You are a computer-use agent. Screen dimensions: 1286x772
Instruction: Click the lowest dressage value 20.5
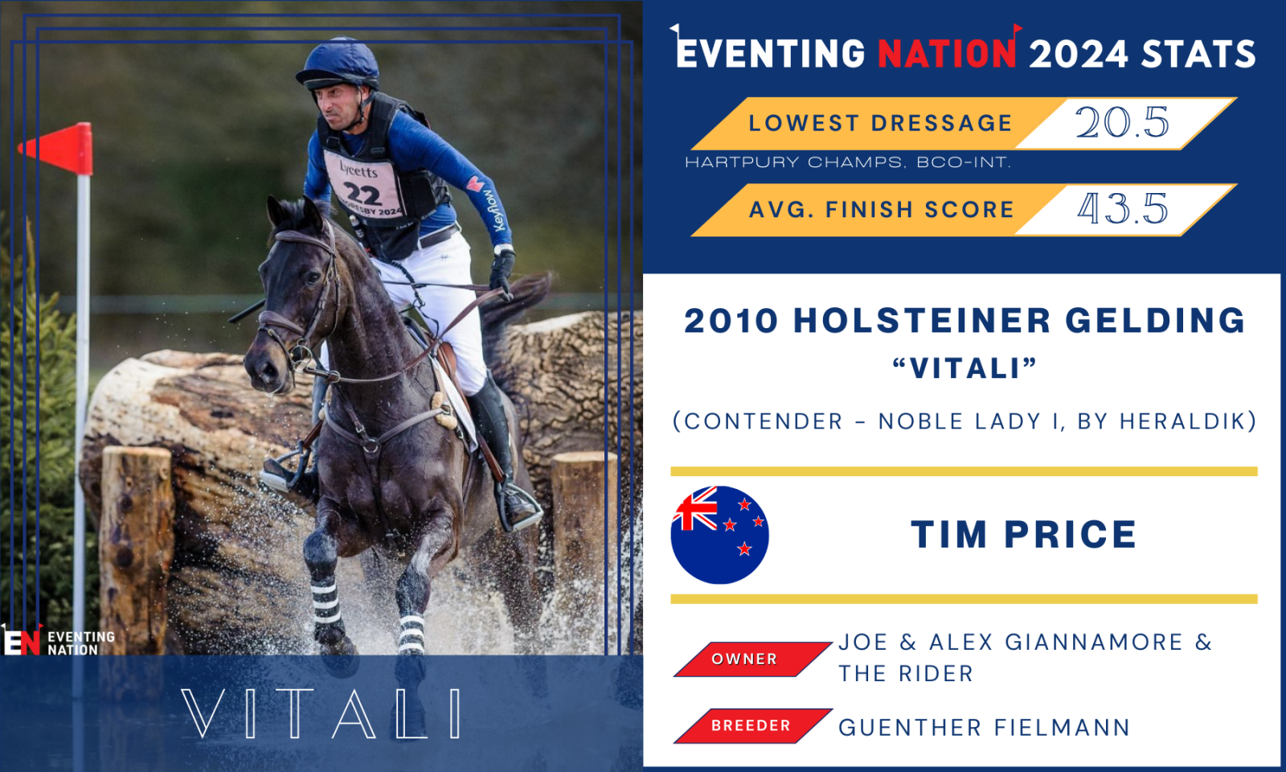1122,122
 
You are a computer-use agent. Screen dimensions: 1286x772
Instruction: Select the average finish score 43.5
1122,208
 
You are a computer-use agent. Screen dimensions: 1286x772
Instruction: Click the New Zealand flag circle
719,535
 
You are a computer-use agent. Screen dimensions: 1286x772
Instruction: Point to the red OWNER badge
752,659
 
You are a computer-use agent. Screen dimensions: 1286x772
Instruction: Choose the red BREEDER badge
752,725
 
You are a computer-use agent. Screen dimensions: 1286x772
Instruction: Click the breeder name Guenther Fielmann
984,727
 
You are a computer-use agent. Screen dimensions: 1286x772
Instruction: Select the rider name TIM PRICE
1024,535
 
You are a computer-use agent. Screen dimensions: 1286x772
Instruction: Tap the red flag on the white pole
57,148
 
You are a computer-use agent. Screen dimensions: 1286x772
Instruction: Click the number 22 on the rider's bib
362,194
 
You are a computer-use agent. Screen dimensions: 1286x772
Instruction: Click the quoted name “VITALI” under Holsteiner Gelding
964,368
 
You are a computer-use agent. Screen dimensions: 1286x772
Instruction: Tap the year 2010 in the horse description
731,321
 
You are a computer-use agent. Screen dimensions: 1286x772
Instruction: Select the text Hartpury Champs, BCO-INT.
848,162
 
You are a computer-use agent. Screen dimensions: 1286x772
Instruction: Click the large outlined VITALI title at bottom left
321,713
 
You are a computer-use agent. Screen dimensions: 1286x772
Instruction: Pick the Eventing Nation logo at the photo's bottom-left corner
57,640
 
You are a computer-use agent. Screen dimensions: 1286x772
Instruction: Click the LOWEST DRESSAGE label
880,123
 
